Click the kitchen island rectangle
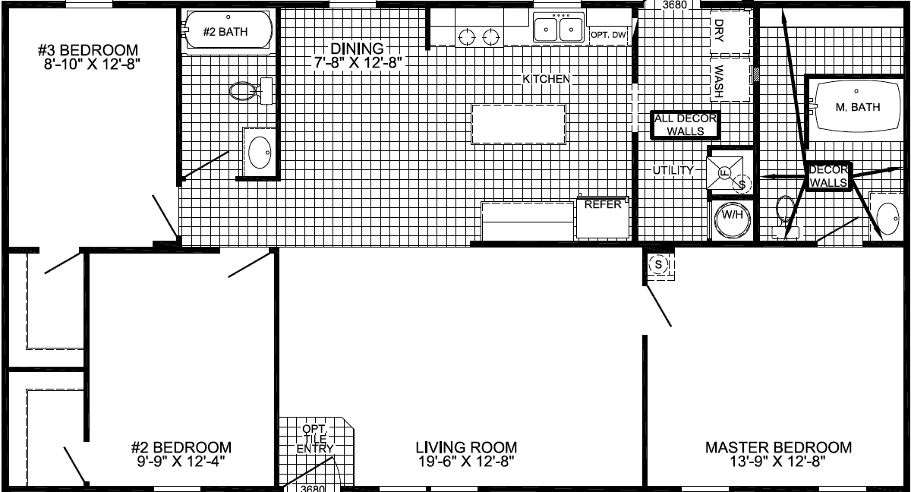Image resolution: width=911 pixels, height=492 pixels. (519, 124)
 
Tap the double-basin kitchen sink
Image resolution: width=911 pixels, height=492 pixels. (559, 30)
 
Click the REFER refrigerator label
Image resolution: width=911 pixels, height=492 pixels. (603, 204)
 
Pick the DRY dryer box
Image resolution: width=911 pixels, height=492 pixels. (719, 30)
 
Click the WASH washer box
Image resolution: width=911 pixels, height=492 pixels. (719, 80)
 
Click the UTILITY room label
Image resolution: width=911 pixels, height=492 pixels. (673, 170)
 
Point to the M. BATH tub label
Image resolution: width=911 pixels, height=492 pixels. (857, 107)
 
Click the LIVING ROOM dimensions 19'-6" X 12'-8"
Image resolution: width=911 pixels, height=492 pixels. (467, 461)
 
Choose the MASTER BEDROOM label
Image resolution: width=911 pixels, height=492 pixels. (778, 447)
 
